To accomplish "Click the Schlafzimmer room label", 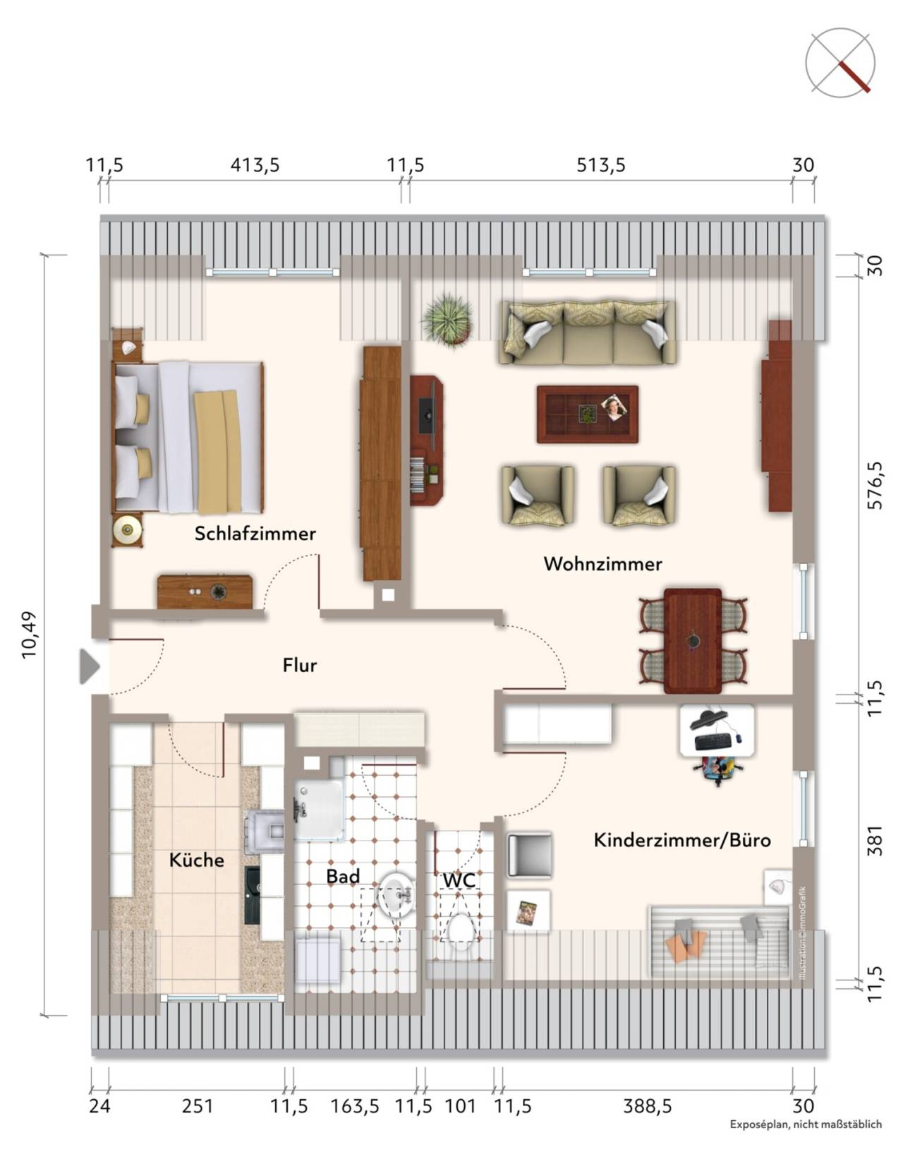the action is tap(255, 534).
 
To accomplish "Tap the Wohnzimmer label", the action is tap(602, 563).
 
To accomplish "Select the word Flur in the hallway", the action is tap(300, 665).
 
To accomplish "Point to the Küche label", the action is tap(197, 859).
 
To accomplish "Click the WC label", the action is tap(459, 880).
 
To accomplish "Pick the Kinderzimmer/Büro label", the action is tap(682, 840).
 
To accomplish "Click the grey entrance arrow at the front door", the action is tap(90, 666).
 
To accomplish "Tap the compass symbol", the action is tap(840, 64).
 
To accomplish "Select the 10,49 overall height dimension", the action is tap(30, 635).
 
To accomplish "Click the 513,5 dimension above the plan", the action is tap(600, 165).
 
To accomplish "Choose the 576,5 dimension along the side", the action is tap(875, 485).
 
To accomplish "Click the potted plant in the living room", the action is tap(447, 319).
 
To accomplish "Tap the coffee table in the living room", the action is tap(588, 414).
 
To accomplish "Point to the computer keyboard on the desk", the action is tap(713, 741).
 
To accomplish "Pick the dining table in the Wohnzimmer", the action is tap(693, 640).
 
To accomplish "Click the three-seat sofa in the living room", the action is tap(587, 332).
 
